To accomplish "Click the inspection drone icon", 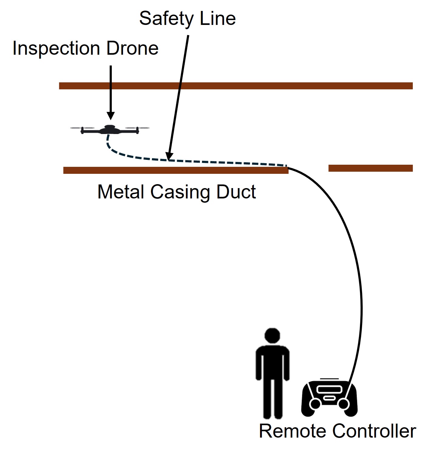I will pos(110,130).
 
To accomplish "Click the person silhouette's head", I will pos(272,335).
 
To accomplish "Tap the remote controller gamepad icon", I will pos(329,398).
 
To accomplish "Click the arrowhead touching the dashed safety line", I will pos(169,156).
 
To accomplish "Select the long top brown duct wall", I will pos(236,86).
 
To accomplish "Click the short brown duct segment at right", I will pos(370,168).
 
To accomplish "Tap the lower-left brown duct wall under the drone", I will pos(176,170).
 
